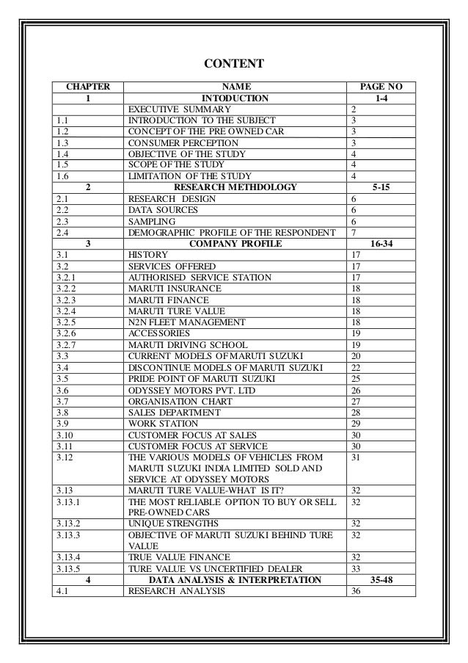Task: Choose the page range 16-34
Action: click(381, 243)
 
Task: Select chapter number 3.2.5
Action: click(66, 322)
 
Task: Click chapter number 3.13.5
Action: click(69, 568)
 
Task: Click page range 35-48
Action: click(381, 580)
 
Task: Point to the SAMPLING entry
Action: click(152, 220)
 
